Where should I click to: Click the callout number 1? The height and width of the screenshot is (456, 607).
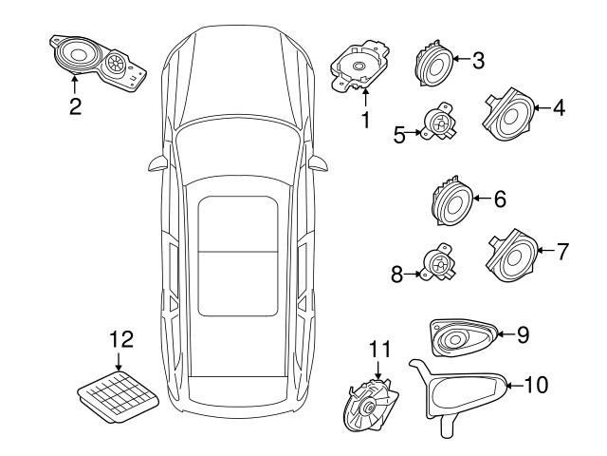coord(363,120)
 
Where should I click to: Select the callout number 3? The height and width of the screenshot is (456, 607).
coord(478,62)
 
